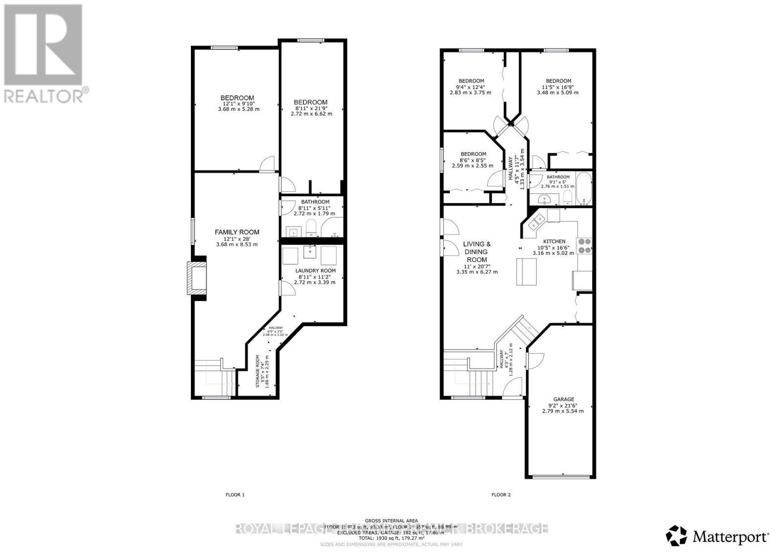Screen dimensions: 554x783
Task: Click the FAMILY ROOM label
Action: point(237,232)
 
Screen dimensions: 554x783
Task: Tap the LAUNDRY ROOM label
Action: point(315,271)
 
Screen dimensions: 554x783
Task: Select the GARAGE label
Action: point(563,399)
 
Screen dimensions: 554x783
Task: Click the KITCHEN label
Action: point(554,241)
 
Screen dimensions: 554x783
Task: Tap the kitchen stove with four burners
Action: point(584,245)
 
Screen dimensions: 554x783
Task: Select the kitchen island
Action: point(527,271)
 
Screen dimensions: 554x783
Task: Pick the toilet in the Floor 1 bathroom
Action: point(311,228)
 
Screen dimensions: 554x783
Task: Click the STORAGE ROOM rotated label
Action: point(258,371)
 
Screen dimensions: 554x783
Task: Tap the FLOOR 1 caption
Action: point(235,495)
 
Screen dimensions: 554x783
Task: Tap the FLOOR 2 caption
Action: point(501,495)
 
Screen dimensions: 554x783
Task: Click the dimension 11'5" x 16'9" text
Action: point(558,87)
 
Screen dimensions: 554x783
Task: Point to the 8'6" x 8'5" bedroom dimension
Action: point(472,160)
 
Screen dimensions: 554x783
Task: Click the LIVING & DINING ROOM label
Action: point(477,252)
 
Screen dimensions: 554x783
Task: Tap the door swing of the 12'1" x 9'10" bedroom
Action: point(268,165)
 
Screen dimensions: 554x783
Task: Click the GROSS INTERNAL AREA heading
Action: point(391,520)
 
